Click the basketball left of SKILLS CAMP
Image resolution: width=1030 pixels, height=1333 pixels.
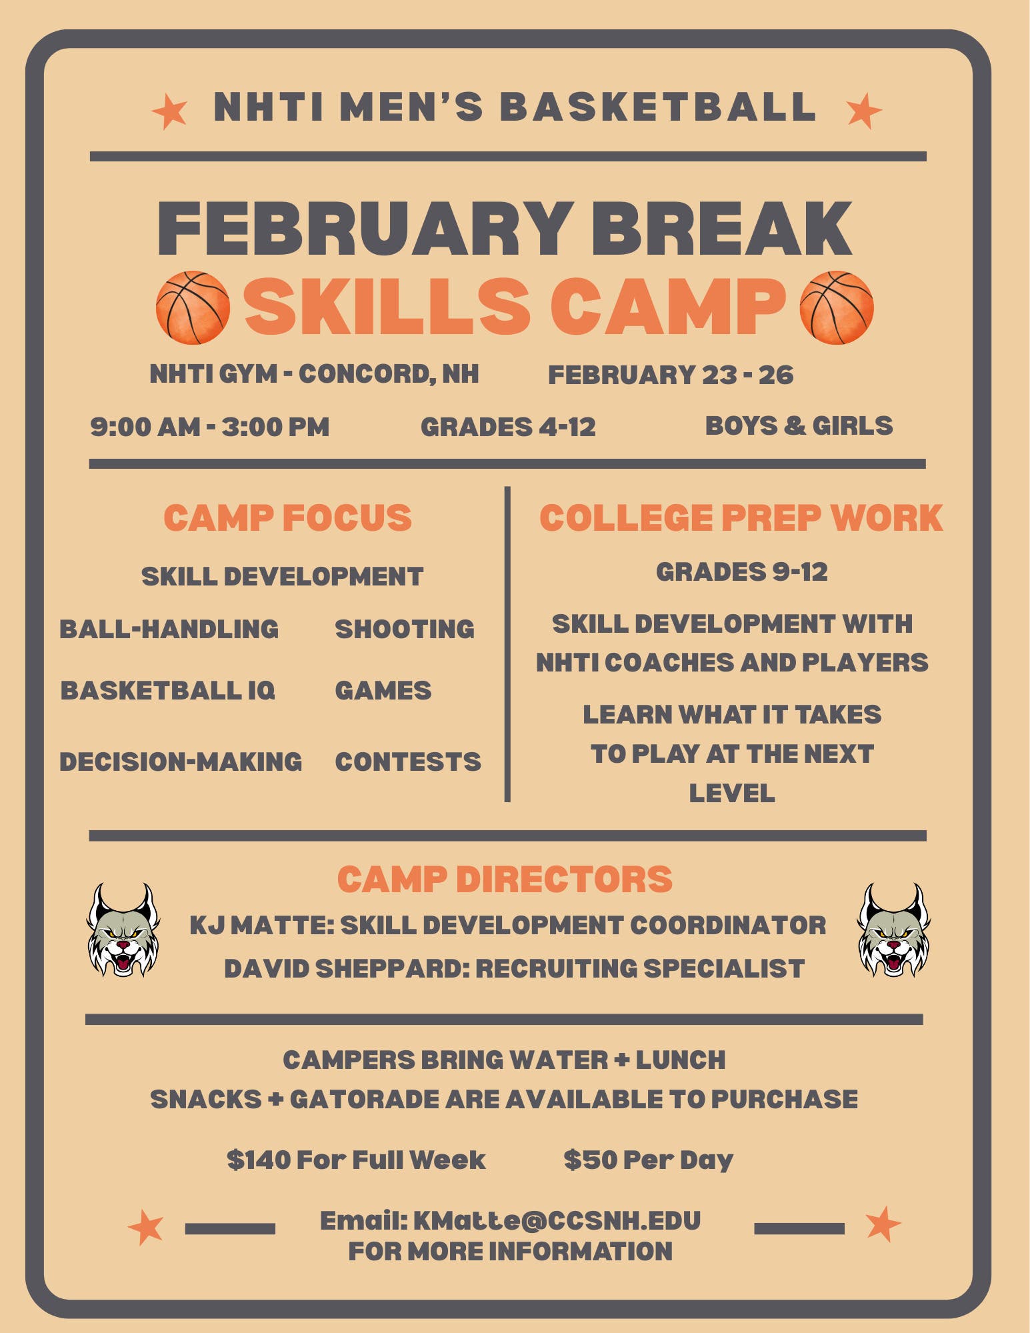coord(193,307)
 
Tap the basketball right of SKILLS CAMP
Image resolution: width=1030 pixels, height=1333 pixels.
coord(836,307)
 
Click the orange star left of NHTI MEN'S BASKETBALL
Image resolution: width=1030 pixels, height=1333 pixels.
coord(169,111)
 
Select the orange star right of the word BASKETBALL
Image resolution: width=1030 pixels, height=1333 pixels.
coord(863,111)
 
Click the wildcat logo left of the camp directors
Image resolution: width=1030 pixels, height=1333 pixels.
coord(123,930)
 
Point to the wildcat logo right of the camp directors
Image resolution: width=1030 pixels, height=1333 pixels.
coord(893,930)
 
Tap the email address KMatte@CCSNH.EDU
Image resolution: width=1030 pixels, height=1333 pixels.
coord(557,1220)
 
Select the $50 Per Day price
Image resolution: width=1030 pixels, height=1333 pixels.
coord(648,1160)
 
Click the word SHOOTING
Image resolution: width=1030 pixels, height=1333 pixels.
coord(405,629)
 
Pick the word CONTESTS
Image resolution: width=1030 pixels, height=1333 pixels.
coord(408,762)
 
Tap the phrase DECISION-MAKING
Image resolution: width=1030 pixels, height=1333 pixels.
coord(181,762)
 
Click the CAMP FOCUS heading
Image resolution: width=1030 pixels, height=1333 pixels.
coord(288,518)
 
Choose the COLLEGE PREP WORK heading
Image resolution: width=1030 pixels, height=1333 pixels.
coord(741,518)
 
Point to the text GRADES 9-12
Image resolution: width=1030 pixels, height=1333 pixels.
coord(741,571)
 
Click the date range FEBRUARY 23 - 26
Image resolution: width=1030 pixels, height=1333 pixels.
coord(671,375)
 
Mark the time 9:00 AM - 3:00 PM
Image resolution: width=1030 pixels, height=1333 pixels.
coord(210,427)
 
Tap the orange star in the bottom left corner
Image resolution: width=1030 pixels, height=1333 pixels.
coord(146,1226)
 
